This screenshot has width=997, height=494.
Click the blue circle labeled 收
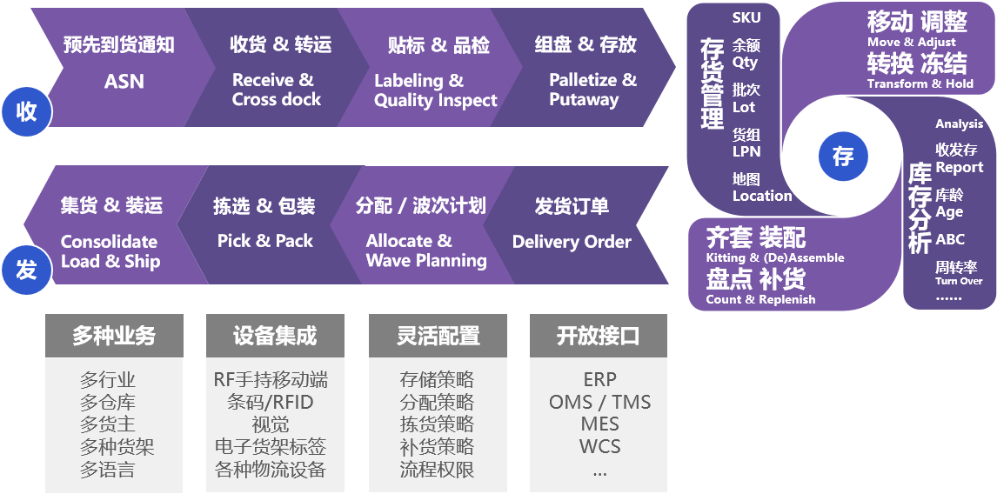point(26,111)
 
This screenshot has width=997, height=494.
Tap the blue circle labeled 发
point(26,270)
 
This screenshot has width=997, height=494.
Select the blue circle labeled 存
point(842,157)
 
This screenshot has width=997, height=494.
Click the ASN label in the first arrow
point(124,82)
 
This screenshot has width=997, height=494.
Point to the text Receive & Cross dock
point(276,90)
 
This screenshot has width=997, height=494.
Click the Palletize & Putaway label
point(592,90)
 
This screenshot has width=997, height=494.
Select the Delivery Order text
point(571,242)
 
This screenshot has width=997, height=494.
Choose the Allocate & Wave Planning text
point(425,250)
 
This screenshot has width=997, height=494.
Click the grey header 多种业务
point(114,336)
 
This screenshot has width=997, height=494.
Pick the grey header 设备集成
point(275,336)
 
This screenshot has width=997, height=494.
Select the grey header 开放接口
point(599,336)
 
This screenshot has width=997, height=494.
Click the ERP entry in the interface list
point(599,380)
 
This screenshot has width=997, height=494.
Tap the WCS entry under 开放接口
point(599,447)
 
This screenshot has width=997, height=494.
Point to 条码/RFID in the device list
point(271,403)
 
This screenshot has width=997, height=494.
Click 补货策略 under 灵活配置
point(437,447)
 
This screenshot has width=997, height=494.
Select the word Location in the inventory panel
point(761,196)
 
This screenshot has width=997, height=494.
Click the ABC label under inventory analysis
point(950,239)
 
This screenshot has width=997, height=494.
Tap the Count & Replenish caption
point(760,299)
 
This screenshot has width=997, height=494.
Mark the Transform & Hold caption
point(920,83)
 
